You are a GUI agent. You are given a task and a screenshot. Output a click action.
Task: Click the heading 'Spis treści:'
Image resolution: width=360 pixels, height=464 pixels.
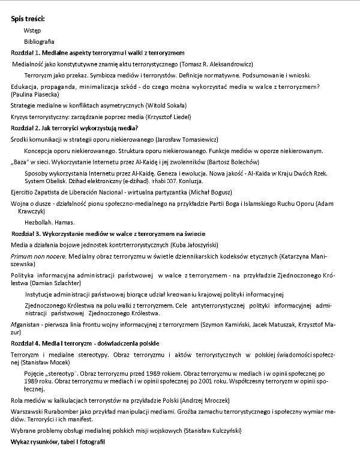tap(28, 19)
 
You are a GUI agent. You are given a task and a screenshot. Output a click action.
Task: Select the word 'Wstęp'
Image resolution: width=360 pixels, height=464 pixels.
tap(33, 30)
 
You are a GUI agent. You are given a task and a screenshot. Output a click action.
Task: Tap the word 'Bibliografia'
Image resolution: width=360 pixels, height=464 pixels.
tap(39, 41)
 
